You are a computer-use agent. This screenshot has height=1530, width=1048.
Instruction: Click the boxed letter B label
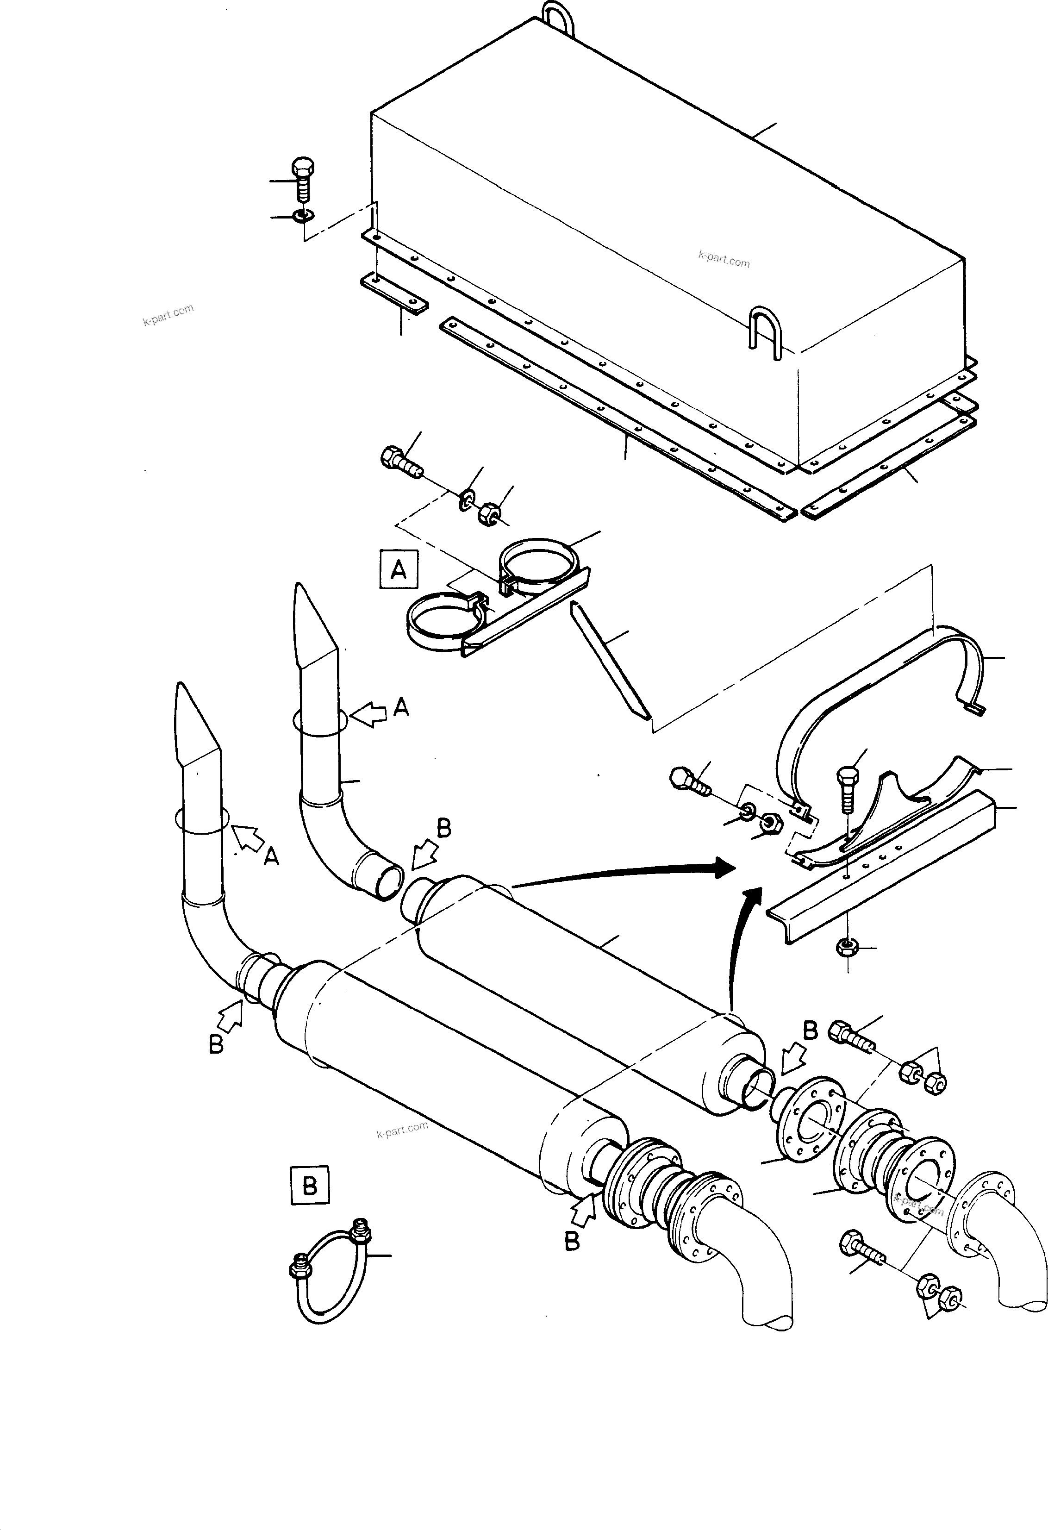point(309,1186)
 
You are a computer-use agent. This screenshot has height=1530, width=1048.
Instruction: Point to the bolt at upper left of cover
point(302,178)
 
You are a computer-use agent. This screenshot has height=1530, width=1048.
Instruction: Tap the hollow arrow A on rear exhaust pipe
point(369,713)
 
